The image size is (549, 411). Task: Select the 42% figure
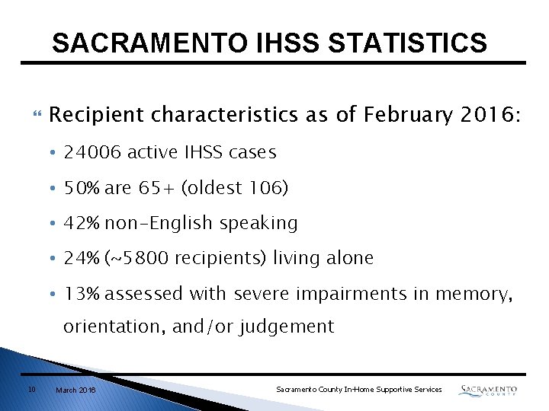(x=82, y=223)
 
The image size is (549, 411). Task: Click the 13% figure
(x=82, y=293)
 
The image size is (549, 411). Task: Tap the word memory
(x=474, y=293)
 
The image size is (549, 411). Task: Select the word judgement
(x=287, y=327)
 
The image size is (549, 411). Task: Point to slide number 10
(x=31, y=390)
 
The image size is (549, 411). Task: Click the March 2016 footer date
(x=75, y=390)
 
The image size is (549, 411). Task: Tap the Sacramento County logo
(x=488, y=390)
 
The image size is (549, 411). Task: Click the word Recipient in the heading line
(x=97, y=115)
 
